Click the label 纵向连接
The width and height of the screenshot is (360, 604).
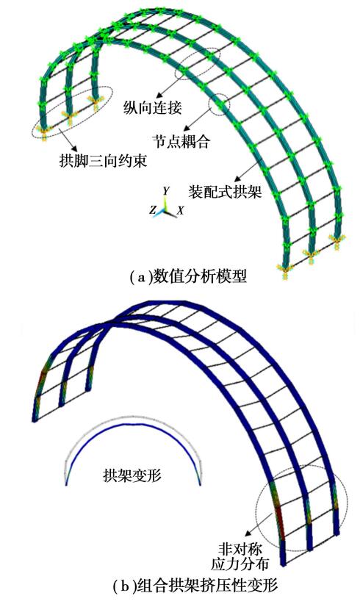[152, 108]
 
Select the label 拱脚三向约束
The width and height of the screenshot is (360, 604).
[103, 160]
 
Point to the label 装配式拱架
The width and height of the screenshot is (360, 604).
[225, 192]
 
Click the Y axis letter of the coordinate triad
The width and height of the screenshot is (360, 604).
[165, 191]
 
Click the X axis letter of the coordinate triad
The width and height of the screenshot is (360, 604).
[180, 210]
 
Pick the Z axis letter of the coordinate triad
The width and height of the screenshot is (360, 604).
[153, 209]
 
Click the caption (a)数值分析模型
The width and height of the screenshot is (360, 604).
[188, 276]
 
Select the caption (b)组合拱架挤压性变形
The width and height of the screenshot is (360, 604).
[195, 586]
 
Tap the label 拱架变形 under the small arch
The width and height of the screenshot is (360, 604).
[132, 475]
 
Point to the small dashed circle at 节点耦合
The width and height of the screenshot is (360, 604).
[219, 104]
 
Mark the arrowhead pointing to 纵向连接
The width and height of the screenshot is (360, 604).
[159, 96]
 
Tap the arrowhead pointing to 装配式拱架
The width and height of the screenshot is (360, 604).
[237, 179]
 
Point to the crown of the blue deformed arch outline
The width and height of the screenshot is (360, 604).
[133, 424]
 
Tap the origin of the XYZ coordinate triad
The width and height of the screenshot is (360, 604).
[166, 210]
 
